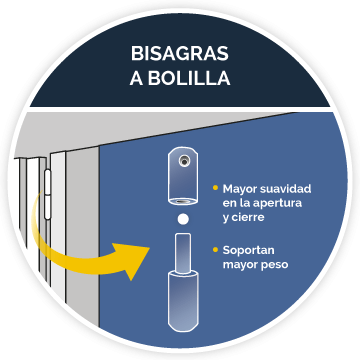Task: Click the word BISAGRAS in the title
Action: coord(180,53)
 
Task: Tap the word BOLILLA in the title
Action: coord(189,78)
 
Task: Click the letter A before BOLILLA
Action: coord(137,78)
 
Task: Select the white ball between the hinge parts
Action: coord(183,219)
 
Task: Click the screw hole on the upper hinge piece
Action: coord(183,161)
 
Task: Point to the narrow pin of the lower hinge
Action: coord(183,253)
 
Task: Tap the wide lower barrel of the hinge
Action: coord(183,301)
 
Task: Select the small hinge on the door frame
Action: coord(47,194)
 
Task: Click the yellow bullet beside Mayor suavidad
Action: coord(215,188)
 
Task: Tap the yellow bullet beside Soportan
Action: coord(215,249)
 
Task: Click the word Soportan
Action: coord(248,250)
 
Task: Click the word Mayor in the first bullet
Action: coord(240,189)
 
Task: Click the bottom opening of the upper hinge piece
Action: coord(183,201)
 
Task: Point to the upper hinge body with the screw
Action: coord(183,176)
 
